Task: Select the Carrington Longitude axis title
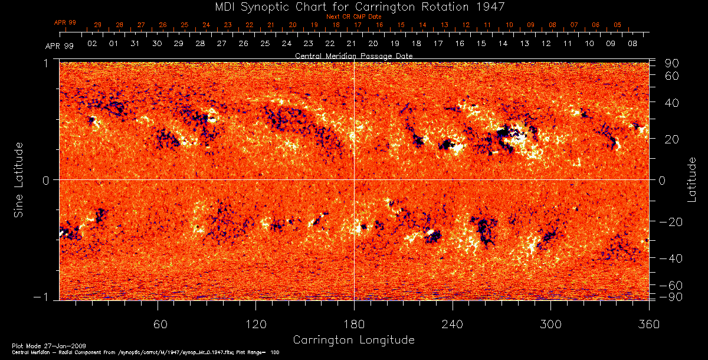[353, 340]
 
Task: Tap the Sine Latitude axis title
[19, 180]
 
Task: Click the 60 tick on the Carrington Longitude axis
[158, 324]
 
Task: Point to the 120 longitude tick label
[256, 324]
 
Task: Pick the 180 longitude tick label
[354, 324]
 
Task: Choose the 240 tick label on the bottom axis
[452, 324]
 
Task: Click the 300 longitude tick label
[550, 324]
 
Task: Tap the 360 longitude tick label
[648, 324]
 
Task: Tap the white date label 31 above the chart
[135, 44]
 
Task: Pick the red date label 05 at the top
[617, 25]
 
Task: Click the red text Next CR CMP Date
[353, 17]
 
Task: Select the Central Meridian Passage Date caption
[353, 55]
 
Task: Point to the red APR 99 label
[65, 22]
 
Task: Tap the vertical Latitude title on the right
[691, 180]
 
